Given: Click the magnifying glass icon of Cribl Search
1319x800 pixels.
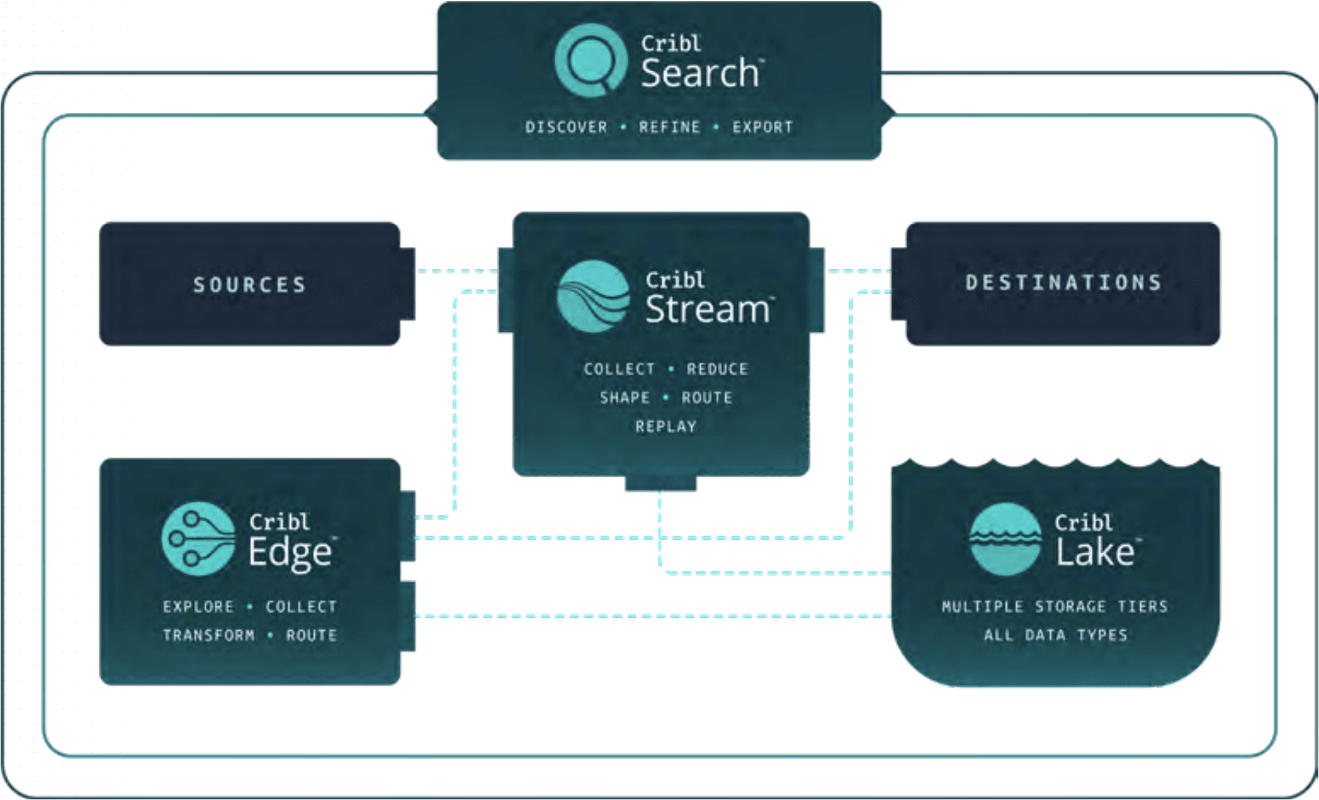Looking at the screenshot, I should click(x=590, y=60).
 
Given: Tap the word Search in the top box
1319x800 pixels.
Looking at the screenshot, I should click(x=699, y=73).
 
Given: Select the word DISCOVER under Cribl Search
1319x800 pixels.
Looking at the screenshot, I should click(x=566, y=127).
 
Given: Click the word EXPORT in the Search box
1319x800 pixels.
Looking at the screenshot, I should click(x=762, y=127).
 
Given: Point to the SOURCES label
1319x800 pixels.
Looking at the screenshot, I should click(x=250, y=285).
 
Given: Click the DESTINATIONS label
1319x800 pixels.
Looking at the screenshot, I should click(x=1063, y=283).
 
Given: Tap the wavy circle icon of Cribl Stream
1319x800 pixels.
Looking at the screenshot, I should click(x=592, y=296).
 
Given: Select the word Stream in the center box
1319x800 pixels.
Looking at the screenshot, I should click(x=707, y=309).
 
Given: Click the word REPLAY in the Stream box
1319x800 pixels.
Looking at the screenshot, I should click(x=665, y=426).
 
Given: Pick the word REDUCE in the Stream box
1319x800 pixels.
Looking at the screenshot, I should click(x=717, y=369).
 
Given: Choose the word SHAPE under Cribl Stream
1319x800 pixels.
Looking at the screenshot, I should click(x=624, y=398).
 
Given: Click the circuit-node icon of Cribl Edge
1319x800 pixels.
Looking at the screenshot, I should click(x=198, y=538).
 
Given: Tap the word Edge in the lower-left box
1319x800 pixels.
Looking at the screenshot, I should click(x=290, y=552).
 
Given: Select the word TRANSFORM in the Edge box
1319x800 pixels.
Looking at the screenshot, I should click(x=209, y=635).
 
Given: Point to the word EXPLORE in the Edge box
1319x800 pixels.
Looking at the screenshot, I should click(x=198, y=607).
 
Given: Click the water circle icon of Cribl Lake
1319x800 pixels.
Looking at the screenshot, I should click(x=1005, y=538).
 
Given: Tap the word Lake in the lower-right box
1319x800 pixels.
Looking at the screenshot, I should click(x=1095, y=552).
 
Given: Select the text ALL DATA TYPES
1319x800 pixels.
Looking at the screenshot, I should click(x=1055, y=635).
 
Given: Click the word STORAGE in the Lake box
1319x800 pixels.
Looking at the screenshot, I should click(x=1070, y=607).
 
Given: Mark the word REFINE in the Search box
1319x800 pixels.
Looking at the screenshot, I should click(x=669, y=127).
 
